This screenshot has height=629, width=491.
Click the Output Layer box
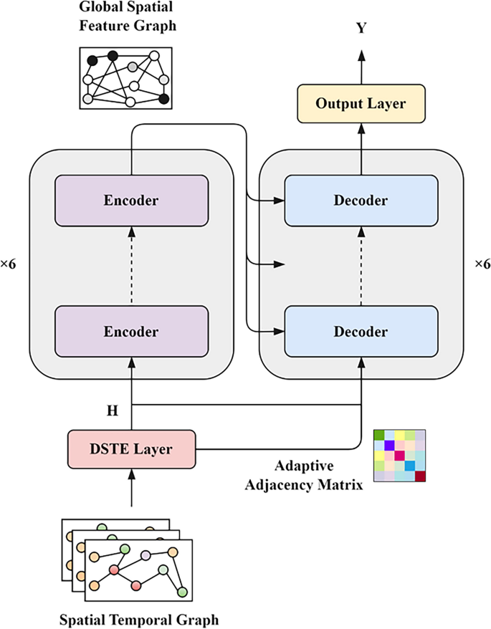point(361,103)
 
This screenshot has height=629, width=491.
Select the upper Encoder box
point(132,201)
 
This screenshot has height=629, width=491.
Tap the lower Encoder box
point(132,332)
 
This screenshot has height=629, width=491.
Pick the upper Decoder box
point(361,201)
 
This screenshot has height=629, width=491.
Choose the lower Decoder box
point(361,332)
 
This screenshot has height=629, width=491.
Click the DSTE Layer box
point(132,449)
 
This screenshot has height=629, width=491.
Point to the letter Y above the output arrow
point(361,28)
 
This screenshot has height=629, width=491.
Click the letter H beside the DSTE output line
point(113,410)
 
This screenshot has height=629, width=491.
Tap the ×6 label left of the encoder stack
point(8,264)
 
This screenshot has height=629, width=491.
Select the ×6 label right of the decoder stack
point(482,264)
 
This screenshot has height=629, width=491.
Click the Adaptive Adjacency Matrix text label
point(304,476)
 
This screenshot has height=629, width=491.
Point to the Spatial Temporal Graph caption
point(139,620)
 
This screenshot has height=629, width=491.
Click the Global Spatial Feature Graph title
point(128,16)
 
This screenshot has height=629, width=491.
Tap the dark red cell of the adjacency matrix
point(420,476)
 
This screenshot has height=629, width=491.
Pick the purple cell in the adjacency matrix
point(389,446)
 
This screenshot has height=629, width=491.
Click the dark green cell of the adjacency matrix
point(379,435)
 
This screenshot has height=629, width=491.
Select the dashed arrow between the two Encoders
point(132,266)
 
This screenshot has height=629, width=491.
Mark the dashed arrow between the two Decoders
point(361,266)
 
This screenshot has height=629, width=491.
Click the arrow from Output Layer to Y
point(361,67)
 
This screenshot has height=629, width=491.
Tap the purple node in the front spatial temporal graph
point(146,556)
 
